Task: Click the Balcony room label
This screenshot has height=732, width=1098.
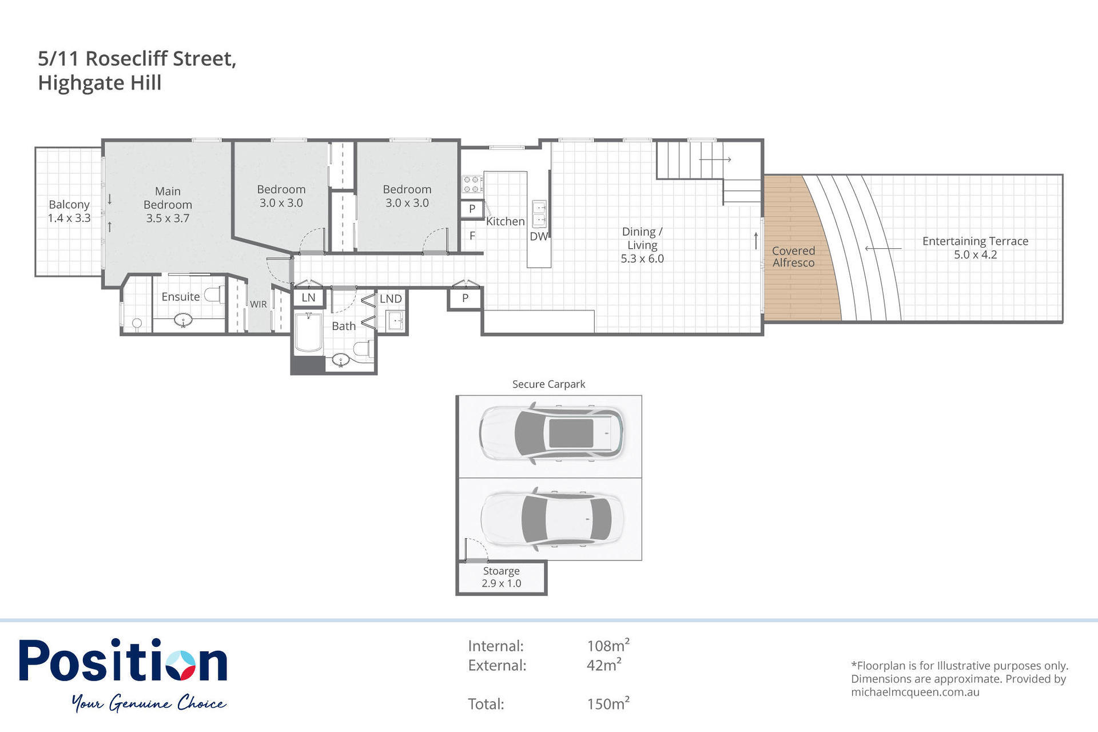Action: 69,205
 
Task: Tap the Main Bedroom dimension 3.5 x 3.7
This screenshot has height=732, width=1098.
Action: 168,218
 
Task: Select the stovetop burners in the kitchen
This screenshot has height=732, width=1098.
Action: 472,184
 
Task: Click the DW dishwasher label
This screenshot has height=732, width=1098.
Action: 538,236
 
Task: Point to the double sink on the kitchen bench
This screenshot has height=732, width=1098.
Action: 539,214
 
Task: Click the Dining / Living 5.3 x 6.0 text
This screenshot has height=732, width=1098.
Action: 642,245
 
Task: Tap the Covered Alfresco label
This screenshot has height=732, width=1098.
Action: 793,257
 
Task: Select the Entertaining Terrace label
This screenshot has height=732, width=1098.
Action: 975,241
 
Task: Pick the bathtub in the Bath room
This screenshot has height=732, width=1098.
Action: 308,332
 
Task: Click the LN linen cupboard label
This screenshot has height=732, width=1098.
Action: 308,297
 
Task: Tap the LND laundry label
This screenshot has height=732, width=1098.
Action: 391,299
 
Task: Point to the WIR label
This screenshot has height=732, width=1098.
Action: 258,304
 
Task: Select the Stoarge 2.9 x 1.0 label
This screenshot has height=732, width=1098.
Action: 501,577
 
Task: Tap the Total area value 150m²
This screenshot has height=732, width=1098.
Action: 608,703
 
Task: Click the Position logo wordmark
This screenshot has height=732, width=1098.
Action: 123,661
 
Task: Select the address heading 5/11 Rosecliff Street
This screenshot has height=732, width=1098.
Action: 137,58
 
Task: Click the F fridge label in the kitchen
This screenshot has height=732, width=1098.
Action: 472,236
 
